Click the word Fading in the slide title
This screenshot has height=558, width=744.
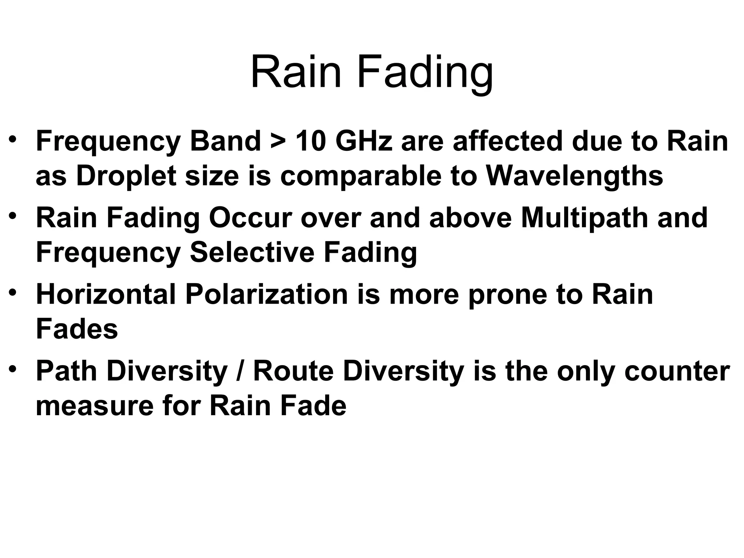[425, 73]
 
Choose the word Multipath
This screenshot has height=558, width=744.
[585, 218]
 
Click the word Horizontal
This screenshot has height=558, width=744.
[106, 294]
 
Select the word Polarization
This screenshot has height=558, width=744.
[267, 294]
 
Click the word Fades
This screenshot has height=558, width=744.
[77, 329]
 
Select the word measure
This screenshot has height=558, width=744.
[95, 406]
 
